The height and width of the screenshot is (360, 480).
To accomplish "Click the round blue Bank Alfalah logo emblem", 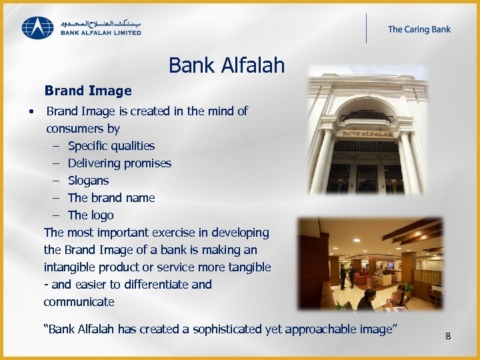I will pyautogui.click(x=37, y=27).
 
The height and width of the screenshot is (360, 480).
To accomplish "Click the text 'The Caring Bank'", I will pyautogui.click(x=419, y=29).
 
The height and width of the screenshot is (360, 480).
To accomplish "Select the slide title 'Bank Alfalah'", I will pyautogui.click(x=226, y=65).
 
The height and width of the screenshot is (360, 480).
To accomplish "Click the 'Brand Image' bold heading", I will pyautogui.click(x=88, y=91).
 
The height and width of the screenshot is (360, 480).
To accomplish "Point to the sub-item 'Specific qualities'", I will pyautogui.click(x=111, y=146).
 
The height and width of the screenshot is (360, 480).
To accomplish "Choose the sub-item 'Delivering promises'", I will pyautogui.click(x=119, y=163).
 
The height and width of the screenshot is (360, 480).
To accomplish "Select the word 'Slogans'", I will pyautogui.click(x=88, y=181).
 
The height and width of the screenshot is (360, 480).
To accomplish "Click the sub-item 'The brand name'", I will pyautogui.click(x=111, y=198).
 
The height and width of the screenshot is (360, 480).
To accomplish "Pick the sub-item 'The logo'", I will pyautogui.click(x=91, y=215).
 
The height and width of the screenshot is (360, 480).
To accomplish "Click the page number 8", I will pyautogui.click(x=448, y=336).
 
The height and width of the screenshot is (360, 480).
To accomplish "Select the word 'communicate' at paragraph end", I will pyautogui.click(x=79, y=302).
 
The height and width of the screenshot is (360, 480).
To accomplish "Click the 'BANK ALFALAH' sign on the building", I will pyautogui.click(x=367, y=133).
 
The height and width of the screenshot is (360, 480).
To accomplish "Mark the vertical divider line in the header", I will pyautogui.click(x=366, y=29).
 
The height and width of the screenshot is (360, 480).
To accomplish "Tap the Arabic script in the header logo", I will pyautogui.click(x=101, y=22).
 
